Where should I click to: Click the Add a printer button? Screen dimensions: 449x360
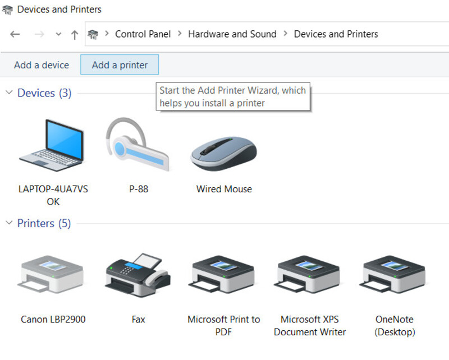point(120,64)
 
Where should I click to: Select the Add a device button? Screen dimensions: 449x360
point(42,65)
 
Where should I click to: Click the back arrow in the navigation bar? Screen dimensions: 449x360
point(15,34)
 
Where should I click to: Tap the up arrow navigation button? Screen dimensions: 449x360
point(75,35)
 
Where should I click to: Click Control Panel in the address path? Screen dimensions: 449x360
point(143,34)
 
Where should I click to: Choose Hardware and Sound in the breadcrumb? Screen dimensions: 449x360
point(232,34)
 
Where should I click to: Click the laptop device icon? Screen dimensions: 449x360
point(52,145)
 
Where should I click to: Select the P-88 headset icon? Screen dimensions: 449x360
point(138,144)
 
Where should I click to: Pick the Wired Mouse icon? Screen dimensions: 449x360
point(224,154)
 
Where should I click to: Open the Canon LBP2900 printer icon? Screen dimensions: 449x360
point(51,274)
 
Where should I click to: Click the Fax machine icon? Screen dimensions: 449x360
point(138,274)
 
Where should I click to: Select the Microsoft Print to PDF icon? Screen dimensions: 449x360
point(222,274)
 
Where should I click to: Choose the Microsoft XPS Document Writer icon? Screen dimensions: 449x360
point(307,274)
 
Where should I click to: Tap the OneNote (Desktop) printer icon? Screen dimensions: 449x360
point(393,274)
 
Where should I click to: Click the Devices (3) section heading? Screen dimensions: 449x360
point(44,93)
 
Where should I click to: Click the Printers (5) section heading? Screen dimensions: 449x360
point(44,223)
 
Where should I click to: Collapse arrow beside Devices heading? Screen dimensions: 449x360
point(9,93)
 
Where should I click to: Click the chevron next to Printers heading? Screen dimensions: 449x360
point(9,223)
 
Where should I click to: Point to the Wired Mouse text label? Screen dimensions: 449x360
point(224,189)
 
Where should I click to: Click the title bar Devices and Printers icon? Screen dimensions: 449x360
point(7,10)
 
